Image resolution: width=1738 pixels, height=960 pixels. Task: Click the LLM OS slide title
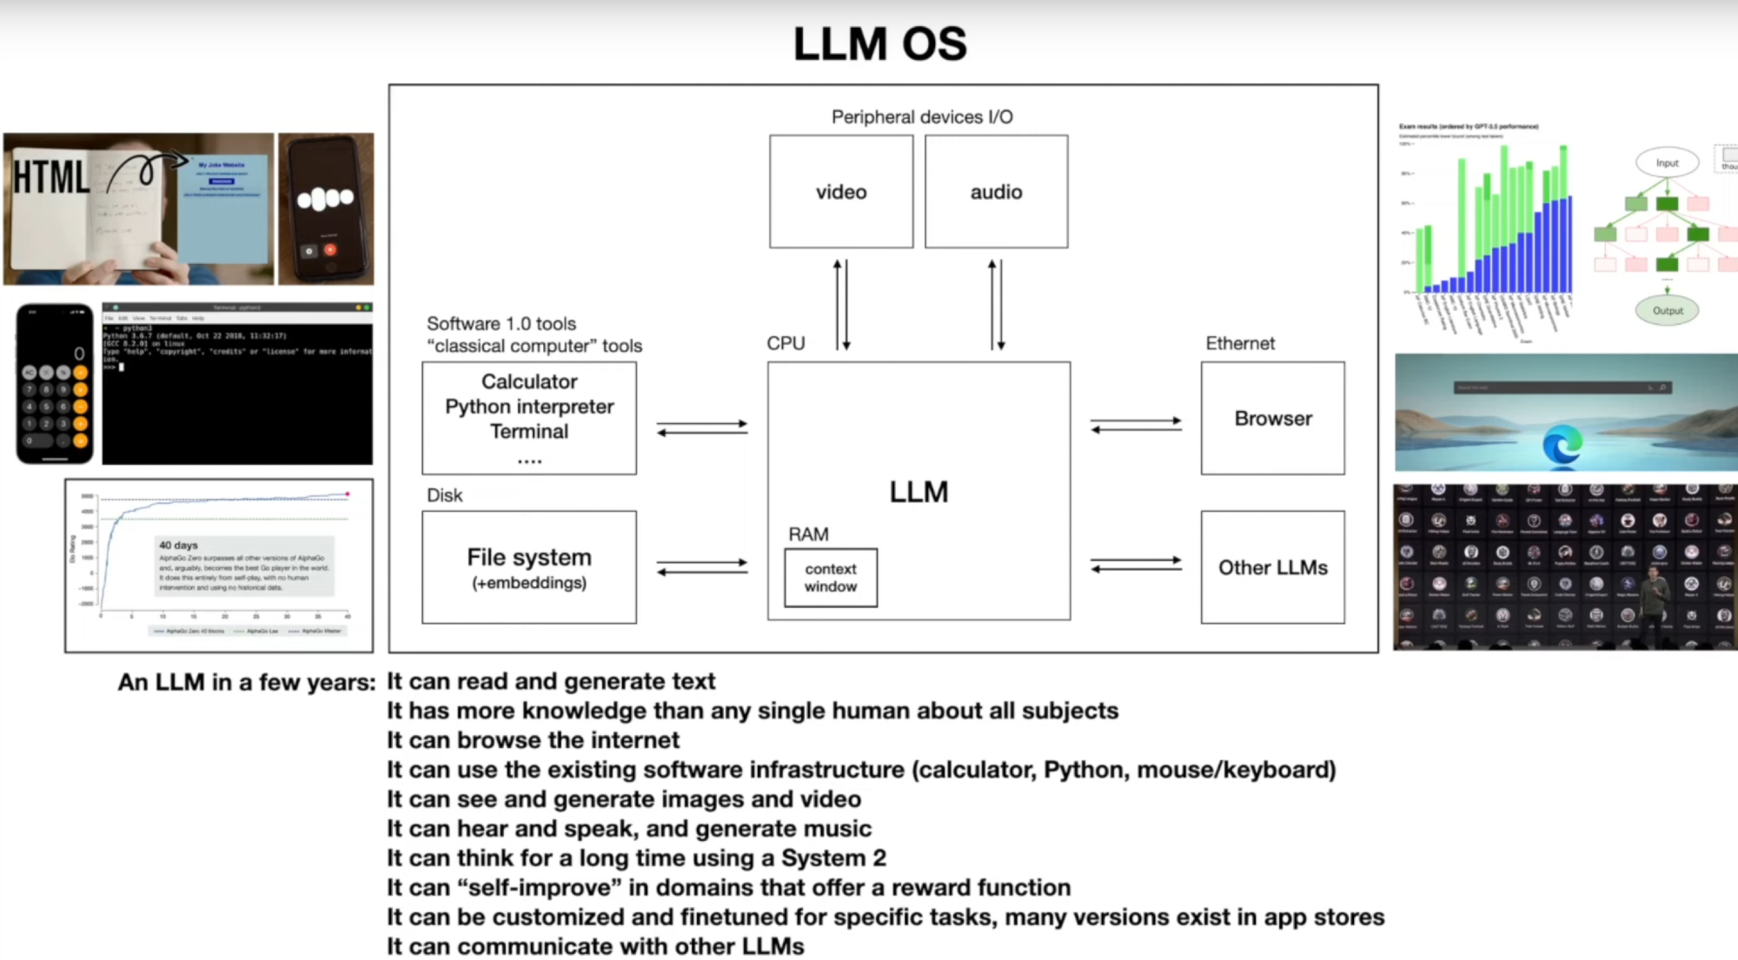(879, 43)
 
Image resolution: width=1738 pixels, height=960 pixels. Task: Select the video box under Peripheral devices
(840, 192)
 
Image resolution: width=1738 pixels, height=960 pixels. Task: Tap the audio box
(996, 192)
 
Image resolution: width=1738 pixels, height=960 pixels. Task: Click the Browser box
(1272, 419)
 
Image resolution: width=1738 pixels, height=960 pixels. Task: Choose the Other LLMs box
(1272, 567)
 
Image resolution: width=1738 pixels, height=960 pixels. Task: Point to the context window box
(831, 578)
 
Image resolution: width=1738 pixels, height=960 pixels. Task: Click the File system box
(528, 566)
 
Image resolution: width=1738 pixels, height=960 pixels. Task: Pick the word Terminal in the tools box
(528, 432)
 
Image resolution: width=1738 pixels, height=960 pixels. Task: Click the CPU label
(786, 343)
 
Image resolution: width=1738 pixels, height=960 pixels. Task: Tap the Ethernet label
(1240, 343)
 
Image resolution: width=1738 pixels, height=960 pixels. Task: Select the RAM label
(808, 534)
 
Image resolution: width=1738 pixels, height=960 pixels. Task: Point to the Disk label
(444, 495)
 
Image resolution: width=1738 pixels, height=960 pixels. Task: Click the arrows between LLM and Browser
(1136, 425)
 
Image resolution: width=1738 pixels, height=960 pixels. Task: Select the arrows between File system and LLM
(702, 566)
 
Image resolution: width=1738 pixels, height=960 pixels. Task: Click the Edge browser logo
(1562, 447)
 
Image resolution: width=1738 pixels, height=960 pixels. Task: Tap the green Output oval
(1667, 310)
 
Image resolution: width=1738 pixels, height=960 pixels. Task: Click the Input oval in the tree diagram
(1667, 162)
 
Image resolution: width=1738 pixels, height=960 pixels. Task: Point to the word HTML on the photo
(50, 177)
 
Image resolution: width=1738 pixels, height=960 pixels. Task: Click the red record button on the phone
(330, 250)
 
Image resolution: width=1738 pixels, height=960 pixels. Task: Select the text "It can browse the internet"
(533, 740)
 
